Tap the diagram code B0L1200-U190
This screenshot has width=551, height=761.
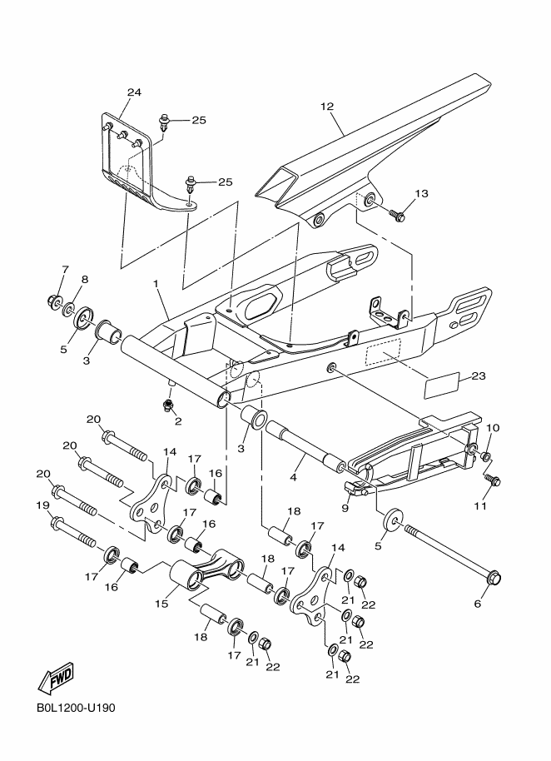pyautogui.click(x=75, y=709)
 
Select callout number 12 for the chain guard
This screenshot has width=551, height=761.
pyautogui.click(x=326, y=107)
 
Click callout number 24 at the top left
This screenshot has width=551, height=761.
pyautogui.click(x=134, y=92)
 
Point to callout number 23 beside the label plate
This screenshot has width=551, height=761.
pyautogui.click(x=477, y=376)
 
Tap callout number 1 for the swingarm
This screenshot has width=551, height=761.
pyautogui.click(x=155, y=284)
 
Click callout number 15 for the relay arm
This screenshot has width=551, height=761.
pyautogui.click(x=161, y=601)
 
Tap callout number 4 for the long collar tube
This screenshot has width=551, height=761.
pyautogui.click(x=292, y=477)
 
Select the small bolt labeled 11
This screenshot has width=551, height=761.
pyautogui.click(x=493, y=480)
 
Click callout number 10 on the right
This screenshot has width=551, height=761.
pyautogui.click(x=492, y=428)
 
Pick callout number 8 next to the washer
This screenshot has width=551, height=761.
pyautogui.click(x=84, y=279)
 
